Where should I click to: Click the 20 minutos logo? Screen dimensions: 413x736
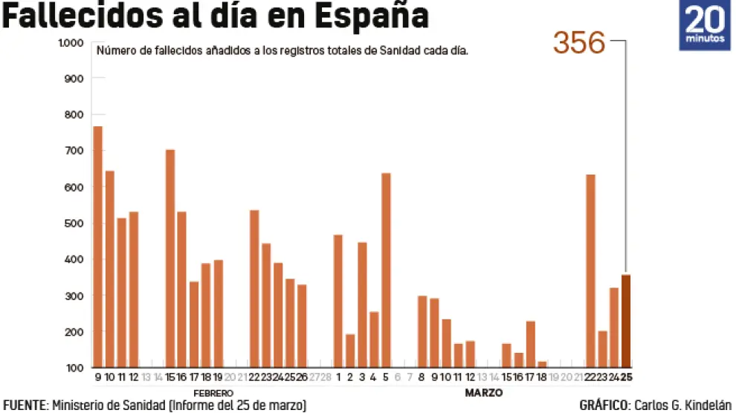[x=705, y=25]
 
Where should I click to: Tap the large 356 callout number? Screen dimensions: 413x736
[x=579, y=44]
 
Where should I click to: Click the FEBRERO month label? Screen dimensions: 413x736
[x=213, y=392]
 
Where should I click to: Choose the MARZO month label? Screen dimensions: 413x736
[x=484, y=392]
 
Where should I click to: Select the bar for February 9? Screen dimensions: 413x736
[x=97, y=247]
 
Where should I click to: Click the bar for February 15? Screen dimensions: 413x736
[x=170, y=258]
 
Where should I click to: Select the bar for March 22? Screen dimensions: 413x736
[x=590, y=271]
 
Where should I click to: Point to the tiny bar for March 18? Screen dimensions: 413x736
[x=542, y=364]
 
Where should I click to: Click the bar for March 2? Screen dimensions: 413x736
[x=350, y=351]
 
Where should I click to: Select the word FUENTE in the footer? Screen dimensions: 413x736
[x=24, y=406]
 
